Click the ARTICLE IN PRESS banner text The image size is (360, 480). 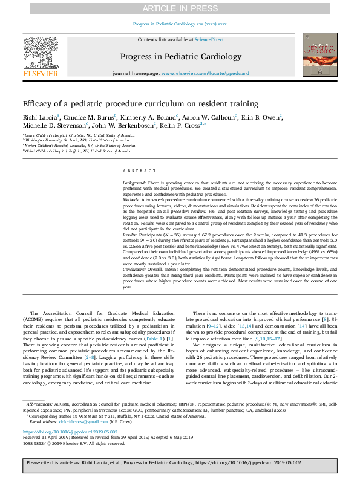(180, 8)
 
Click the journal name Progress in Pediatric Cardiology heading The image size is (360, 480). (179, 57)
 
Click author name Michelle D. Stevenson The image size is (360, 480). (51, 126)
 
